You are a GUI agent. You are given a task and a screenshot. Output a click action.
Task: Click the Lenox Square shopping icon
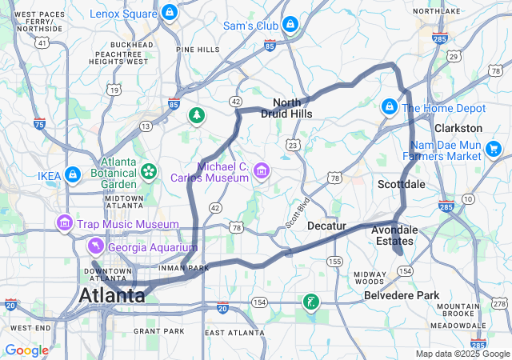[x=169, y=14]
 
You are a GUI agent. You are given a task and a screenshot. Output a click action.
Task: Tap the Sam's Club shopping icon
[x=290, y=26]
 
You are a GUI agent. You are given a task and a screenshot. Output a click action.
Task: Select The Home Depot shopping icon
[x=390, y=106]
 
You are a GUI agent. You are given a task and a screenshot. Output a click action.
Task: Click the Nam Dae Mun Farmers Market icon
[x=493, y=148]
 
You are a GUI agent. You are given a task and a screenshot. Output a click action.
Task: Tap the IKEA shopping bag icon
[x=73, y=174]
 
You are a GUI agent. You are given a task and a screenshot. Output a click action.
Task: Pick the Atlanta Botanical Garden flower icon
[x=149, y=170]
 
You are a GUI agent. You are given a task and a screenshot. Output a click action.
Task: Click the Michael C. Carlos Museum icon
[x=261, y=170]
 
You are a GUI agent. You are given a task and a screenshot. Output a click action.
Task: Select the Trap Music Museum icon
[x=64, y=222]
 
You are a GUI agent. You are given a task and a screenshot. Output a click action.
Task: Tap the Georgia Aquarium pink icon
[x=95, y=246]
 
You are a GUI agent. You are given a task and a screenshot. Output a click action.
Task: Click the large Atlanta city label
[x=112, y=296]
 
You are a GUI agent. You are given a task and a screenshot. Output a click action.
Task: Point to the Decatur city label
[x=326, y=226]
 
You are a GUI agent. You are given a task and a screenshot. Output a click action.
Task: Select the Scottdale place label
[x=401, y=184]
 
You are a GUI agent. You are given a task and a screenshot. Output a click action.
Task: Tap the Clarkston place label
[x=458, y=128]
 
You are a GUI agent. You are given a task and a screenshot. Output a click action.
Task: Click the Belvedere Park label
[x=402, y=295]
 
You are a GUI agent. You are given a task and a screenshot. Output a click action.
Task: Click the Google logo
[x=26, y=350]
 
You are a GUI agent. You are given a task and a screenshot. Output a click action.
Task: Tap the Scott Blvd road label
[x=298, y=212]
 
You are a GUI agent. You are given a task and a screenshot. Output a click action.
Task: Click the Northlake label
[x=437, y=11]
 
